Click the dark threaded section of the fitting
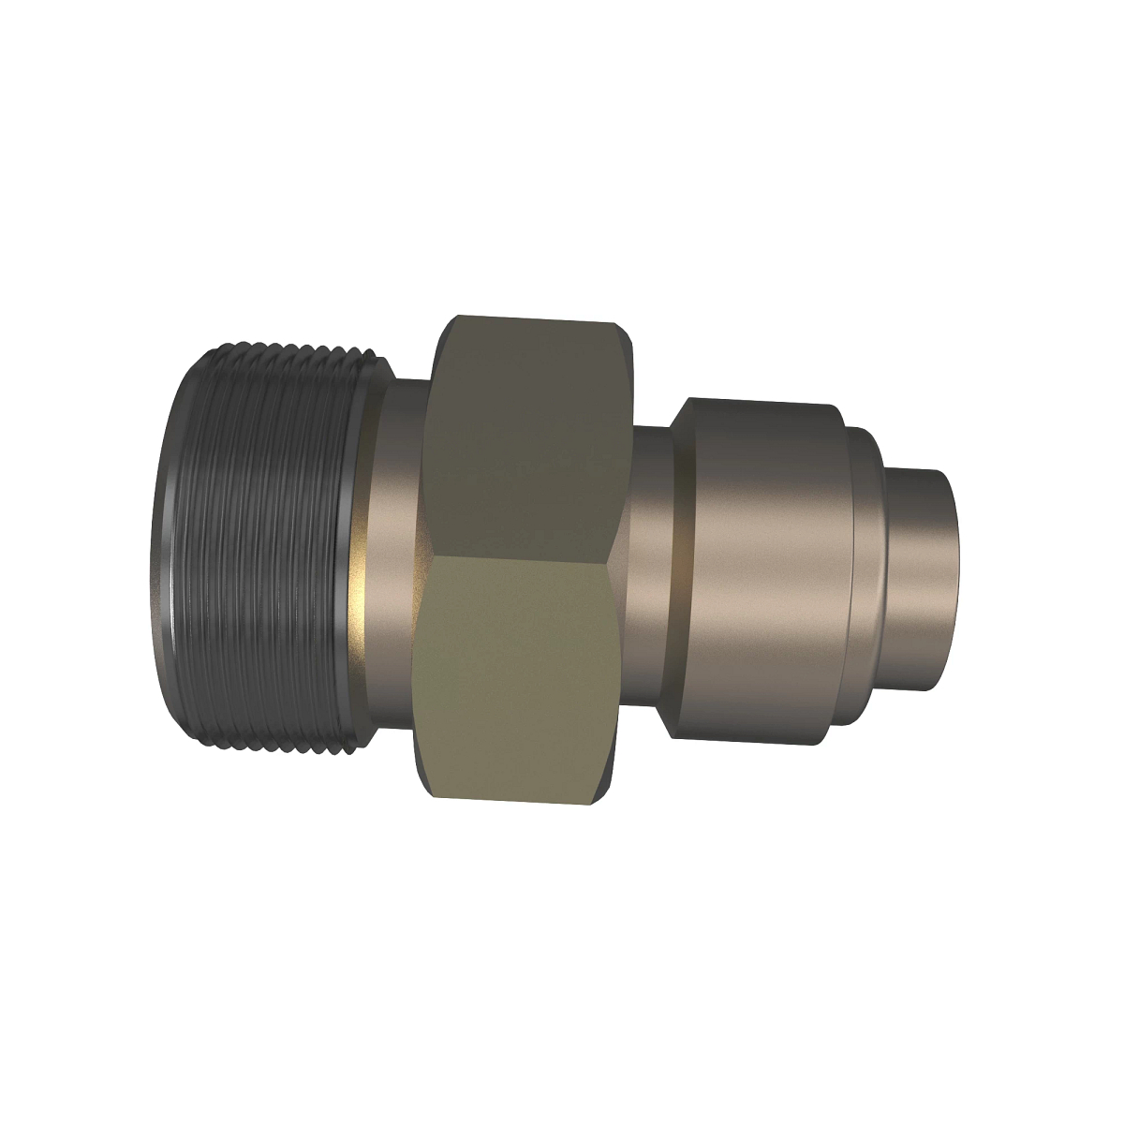click(x=272, y=543)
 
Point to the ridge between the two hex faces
click(x=515, y=555)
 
